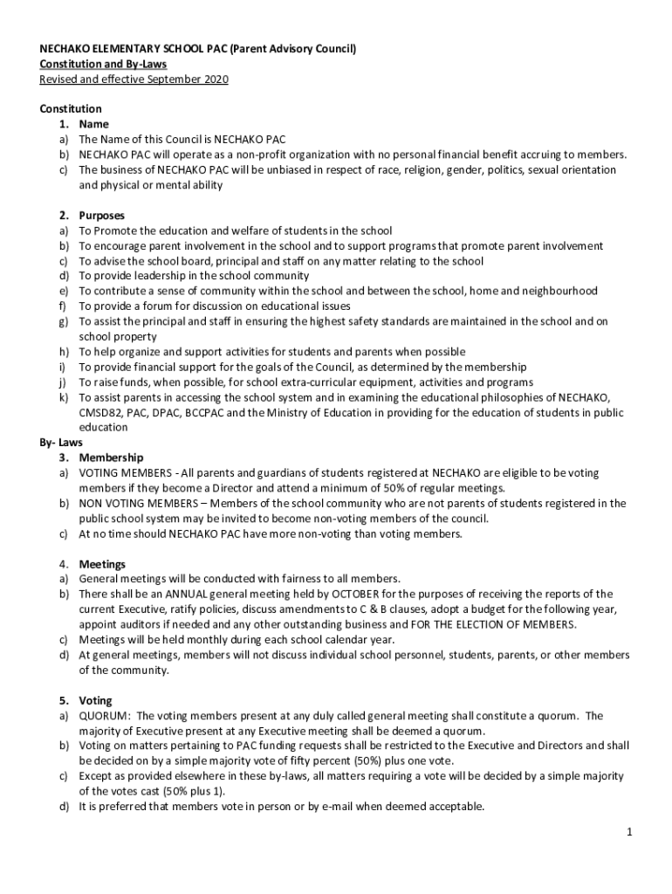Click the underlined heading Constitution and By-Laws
(x=103, y=65)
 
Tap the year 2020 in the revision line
(x=215, y=79)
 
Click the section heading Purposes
(x=101, y=216)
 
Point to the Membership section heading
(x=111, y=457)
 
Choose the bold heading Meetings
(x=102, y=564)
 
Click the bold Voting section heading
(x=95, y=700)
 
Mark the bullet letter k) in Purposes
(x=63, y=397)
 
